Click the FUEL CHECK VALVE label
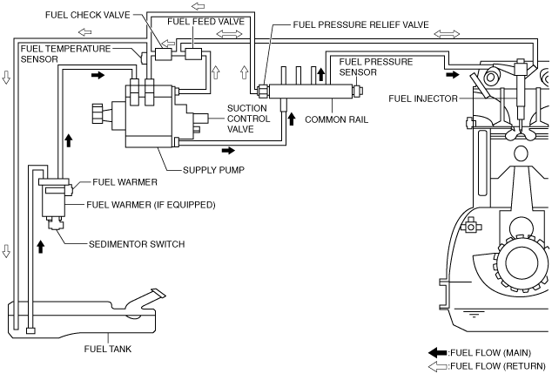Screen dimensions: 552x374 pyautogui.click(x=88, y=15)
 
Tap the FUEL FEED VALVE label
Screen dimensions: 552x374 pyautogui.click(x=206, y=22)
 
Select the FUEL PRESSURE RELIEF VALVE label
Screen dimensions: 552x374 pyautogui.click(x=360, y=24)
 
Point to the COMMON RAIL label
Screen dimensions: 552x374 pyautogui.click(x=337, y=119)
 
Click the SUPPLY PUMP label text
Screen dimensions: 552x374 pyautogui.click(x=213, y=170)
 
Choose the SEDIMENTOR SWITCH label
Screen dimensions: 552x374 pyautogui.click(x=137, y=244)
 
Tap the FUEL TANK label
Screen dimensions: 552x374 pyautogui.click(x=108, y=349)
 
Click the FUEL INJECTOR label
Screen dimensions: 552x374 pyautogui.click(x=423, y=99)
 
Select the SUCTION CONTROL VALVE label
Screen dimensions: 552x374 pyautogui.click(x=248, y=119)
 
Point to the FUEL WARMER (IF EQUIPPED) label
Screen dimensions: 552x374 pyautogui.click(x=151, y=205)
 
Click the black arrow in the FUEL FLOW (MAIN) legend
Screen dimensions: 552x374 pyautogui.click(x=438, y=352)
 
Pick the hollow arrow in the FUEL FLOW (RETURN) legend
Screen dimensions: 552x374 pyautogui.click(x=438, y=366)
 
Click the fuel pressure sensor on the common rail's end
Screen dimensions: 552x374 pyautogui.click(x=358, y=91)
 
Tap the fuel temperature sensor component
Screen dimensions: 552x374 pyautogui.click(x=144, y=58)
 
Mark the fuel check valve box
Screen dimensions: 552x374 pyautogui.click(x=164, y=54)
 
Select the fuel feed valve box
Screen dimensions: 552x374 pyautogui.click(x=193, y=54)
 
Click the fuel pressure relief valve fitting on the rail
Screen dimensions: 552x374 pyautogui.click(x=263, y=92)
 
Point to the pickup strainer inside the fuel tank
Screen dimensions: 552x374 pyautogui.click(x=31, y=330)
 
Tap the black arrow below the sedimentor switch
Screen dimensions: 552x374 pyautogui.click(x=41, y=247)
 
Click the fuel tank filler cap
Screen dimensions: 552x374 pyautogui.click(x=158, y=294)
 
